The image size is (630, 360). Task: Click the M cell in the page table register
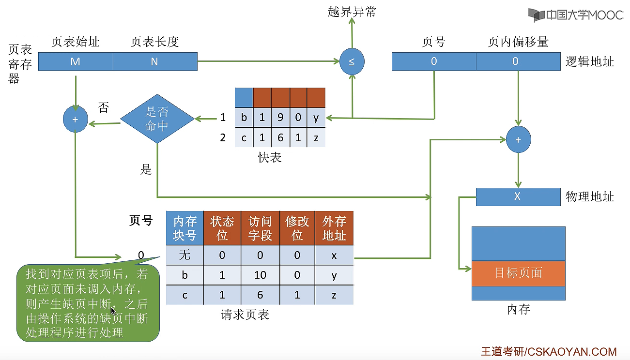tap(76, 61)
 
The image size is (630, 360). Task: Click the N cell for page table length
tap(155, 61)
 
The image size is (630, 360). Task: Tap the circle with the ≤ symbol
tap(352, 61)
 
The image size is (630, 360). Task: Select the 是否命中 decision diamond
tap(157, 119)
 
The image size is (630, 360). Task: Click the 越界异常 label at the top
tap(352, 12)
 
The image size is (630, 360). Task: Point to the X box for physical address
tap(518, 196)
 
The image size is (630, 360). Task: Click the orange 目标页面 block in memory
tap(518, 273)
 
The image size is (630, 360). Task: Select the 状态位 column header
tap(222, 228)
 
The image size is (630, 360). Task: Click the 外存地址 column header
tap(334, 228)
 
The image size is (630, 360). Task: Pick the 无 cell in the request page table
tap(184, 255)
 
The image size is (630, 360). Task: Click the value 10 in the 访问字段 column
tap(260, 275)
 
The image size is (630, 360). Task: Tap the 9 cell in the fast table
tap(280, 118)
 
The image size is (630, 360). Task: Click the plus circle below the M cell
tap(76, 119)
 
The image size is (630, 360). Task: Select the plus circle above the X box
tap(518, 140)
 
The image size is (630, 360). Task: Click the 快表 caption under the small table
tap(270, 158)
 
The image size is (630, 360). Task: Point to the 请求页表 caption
tap(245, 315)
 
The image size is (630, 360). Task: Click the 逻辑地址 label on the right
tap(590, 61)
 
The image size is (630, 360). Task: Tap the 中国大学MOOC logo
tap(576, 15)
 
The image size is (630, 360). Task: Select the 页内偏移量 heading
tap(518, 42)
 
